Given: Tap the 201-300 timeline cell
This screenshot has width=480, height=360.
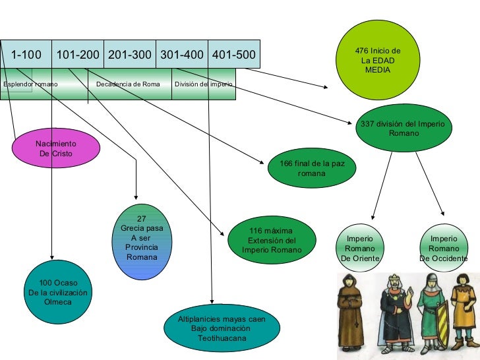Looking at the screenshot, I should pyautogui.click(x=129, y=54).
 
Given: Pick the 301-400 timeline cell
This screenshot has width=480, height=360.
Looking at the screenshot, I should pyautogui.click(x=181, y=54).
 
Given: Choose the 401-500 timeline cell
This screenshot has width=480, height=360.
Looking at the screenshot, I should pyautogui.click(x=233, y=54).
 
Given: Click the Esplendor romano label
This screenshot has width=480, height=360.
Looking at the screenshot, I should pyautogui.click(x=29, y=84).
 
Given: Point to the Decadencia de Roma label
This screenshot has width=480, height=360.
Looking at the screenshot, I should pyautogui.click(x=128, y=84).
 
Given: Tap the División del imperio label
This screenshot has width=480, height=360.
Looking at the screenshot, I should pyautogui.click(x=203, y=84).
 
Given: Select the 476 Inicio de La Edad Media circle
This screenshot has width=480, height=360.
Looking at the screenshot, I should pyautogui.click(x=378, y=60).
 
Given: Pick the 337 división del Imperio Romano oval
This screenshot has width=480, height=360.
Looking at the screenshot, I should pyautogui.click(x=404, y=127).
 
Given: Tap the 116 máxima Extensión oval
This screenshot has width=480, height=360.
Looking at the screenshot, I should pyautogui.click(x=272, y=241).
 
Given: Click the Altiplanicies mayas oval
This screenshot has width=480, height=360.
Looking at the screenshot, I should pyautogui.click(x=222, y=328).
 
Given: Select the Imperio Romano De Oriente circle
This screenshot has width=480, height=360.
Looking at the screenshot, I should pyautogui.click(x=360, y=248).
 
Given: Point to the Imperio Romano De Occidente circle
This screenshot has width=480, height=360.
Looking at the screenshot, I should pyautogui.click(x=443, y=248).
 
